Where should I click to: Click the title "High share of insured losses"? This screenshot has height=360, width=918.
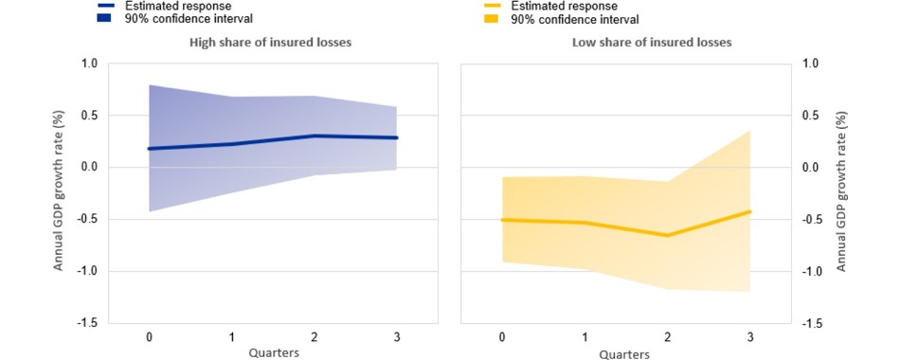click(270, 43)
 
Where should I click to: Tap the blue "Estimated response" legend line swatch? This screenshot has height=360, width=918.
click(104, 6)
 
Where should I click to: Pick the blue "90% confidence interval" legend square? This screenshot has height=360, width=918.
click(104, 18)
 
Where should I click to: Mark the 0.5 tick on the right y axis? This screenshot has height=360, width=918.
click(811, 116)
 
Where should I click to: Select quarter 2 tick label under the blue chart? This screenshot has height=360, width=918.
click(315, 337)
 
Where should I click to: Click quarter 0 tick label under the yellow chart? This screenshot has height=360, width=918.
click(502, 338)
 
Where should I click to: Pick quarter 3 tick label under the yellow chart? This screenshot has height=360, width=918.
click(750, 338)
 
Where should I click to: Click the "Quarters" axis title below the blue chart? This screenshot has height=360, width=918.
click(274, 353)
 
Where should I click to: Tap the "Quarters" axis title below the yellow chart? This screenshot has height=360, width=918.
click(624, 354)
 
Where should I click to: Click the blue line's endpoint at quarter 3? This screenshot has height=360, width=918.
click(396, 137)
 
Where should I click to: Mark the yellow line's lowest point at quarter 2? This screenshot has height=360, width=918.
click(668, 235)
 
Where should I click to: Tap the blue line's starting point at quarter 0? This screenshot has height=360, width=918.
click(150, 149)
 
